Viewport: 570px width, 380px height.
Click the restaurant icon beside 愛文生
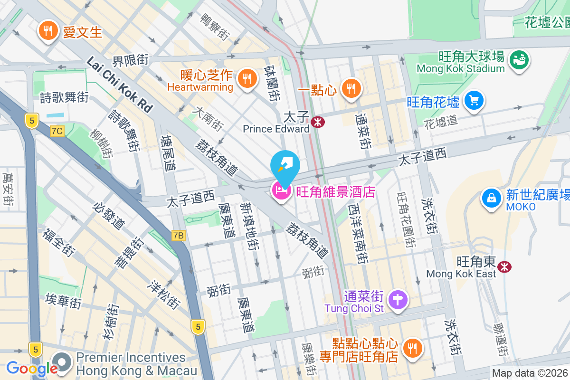47,31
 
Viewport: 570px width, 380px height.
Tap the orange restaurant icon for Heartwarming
246,77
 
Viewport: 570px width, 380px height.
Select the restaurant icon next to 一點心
351,88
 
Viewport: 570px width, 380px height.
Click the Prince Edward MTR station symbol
318,122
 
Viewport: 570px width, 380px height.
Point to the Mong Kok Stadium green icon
519,59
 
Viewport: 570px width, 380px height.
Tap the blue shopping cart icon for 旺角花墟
474,101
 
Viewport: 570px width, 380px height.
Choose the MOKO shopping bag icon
492,198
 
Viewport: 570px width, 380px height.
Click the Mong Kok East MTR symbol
504,267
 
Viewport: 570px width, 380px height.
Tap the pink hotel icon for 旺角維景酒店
281,191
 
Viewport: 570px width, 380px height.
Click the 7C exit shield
57,131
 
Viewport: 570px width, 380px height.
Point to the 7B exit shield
179,235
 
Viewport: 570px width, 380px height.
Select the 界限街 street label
130,61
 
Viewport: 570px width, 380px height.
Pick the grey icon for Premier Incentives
62,363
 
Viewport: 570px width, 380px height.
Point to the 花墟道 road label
441,122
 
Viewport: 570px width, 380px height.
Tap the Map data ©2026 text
530,373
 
